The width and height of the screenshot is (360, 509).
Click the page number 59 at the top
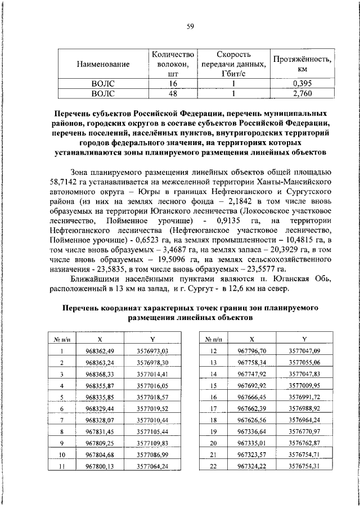190,26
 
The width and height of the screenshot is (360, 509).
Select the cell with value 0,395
302,83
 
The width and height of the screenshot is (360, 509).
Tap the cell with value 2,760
302,92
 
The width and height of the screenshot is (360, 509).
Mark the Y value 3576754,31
304,466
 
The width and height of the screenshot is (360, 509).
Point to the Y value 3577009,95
304,386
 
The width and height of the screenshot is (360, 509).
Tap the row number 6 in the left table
61,408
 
